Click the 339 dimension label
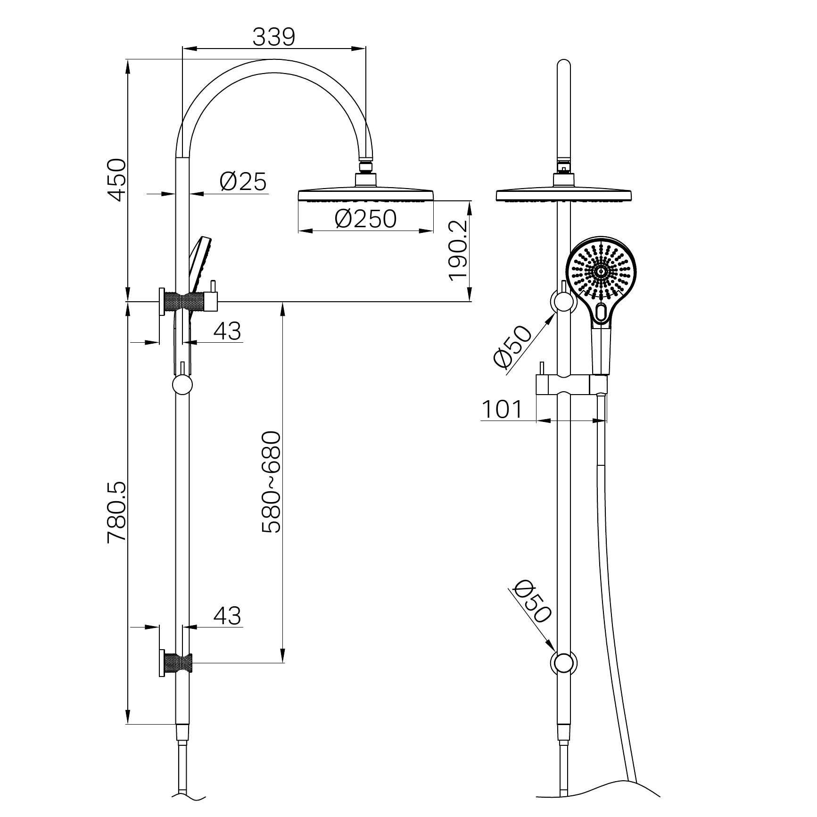coord(273,37)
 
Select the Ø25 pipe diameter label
coord(243,182)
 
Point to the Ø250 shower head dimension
coord(366,219)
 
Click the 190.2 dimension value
coord(458,251)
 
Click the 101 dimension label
coord(502,409)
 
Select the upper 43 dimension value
coord(227,331)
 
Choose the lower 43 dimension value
coord(227,616)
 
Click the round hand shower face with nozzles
coord(601,271)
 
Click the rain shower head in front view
coord(563,194)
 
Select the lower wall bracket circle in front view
coord(563,662)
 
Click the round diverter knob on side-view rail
coord(182,385)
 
